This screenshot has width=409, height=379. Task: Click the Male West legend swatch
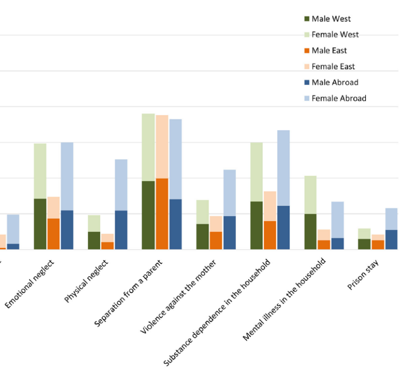[307, 19]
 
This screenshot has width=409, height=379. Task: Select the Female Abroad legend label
[339, 98]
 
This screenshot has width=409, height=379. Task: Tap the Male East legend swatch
[307, 51]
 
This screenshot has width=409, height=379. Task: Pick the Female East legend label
[333, 67]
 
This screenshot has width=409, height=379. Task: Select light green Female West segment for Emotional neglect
[40, 171]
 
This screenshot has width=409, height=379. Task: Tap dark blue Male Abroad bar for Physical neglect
[121, 230]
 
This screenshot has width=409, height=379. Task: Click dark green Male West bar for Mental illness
[310, 231]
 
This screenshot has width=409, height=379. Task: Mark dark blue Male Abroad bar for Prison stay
[391, 239]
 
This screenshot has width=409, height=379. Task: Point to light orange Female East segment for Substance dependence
[270, 206]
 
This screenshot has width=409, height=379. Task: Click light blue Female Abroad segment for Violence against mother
[230, 192]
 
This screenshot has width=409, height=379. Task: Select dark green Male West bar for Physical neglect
[94, 240]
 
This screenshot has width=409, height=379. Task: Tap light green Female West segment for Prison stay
[364, 233]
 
